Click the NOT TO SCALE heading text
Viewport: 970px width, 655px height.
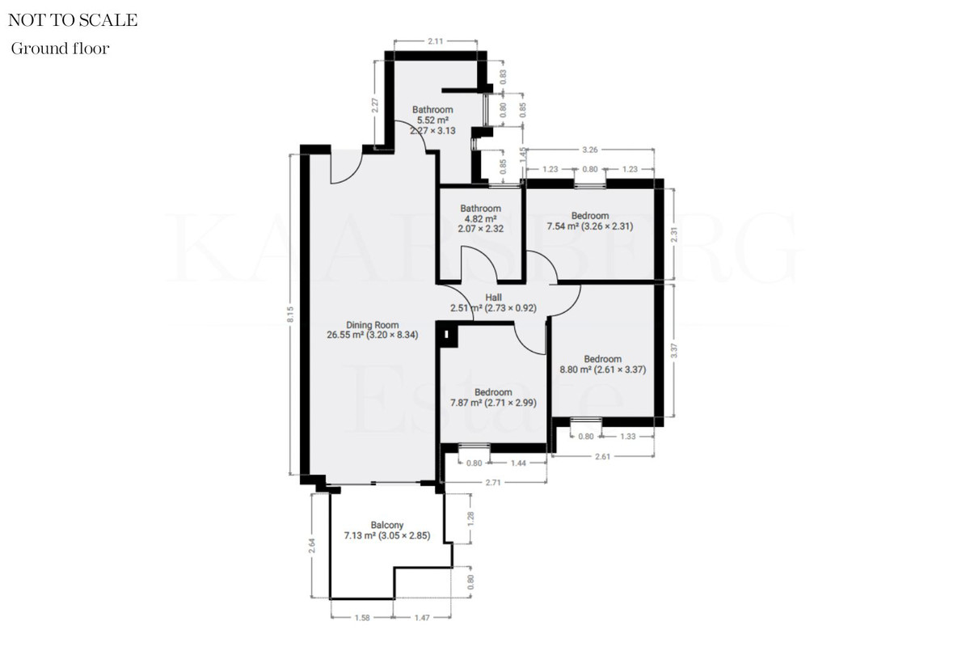(x=73, y=20)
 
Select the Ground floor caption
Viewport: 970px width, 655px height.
(x=60, y=49)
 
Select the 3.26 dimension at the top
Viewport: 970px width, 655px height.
(x=589, y=150)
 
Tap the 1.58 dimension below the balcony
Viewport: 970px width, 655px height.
(x=362, y=618)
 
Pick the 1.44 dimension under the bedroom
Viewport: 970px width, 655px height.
(x=520, y=463)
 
